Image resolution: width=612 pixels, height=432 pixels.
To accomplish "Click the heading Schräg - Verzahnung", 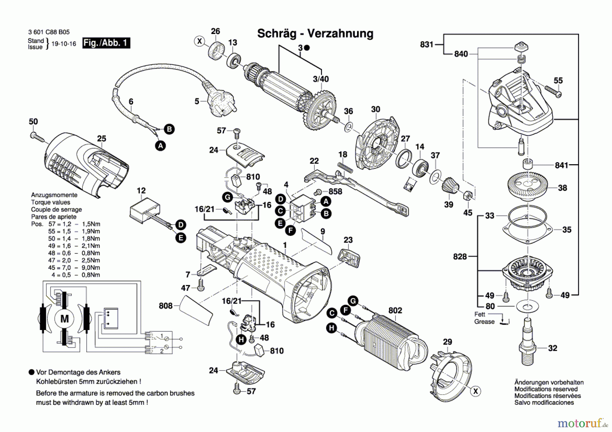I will point(315,34).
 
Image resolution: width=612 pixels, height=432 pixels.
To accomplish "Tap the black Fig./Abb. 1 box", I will point(106,43).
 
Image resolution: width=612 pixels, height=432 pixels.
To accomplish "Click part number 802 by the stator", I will point(395,310).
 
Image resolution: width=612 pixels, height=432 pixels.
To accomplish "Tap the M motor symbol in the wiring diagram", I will point(64,319).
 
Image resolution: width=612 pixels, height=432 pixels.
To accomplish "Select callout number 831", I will point(426,45).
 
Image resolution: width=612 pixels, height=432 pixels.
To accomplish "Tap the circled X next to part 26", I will point(200,41).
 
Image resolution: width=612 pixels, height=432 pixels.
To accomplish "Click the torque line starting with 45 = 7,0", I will point(74,268).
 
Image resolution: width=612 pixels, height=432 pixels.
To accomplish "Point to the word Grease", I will point(485,322).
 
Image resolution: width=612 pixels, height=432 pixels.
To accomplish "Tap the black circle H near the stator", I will point(331,328).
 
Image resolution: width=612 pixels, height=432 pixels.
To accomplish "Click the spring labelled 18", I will point(345,168).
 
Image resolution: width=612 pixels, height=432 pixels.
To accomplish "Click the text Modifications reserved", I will point(546,389).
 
